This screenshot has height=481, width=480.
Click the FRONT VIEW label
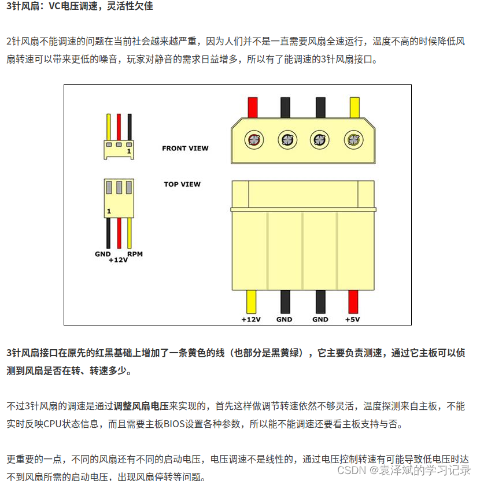pos(185,148)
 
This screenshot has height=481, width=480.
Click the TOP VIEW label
pos(182,184)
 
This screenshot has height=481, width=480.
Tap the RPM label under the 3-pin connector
pos(135,254)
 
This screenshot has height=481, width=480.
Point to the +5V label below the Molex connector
pos(353,319)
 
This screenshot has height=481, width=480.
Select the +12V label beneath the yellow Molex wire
pos(252,319)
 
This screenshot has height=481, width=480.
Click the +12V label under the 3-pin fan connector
pos(118,260)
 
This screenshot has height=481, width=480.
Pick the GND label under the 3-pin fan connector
pos(103,254)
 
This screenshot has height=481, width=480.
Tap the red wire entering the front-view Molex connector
pos(253,107)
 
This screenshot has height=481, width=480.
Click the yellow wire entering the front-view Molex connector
pos(354,107)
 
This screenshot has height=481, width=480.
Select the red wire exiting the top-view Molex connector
pos(353,301)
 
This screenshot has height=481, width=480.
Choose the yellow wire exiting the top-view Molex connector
pos(252,301)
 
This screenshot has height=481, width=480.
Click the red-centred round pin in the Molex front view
pos(253,139)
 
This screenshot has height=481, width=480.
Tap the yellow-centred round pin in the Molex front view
pos(352,139)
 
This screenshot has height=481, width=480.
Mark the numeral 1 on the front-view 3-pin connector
pos(129,151)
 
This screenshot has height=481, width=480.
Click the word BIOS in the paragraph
pos(175,424)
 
